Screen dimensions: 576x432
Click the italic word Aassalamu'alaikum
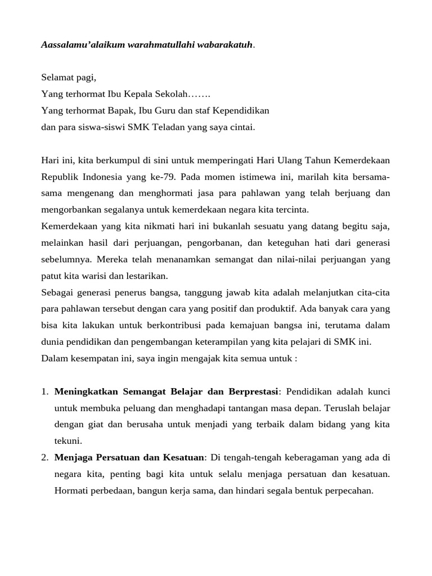80,44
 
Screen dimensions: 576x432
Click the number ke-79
163,177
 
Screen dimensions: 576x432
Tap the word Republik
60,177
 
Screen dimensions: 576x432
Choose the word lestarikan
148,276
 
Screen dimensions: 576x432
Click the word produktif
276,309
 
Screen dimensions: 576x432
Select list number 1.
44,391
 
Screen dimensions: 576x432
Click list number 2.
44,457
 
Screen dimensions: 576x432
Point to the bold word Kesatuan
184,457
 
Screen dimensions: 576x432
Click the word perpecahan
346,490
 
